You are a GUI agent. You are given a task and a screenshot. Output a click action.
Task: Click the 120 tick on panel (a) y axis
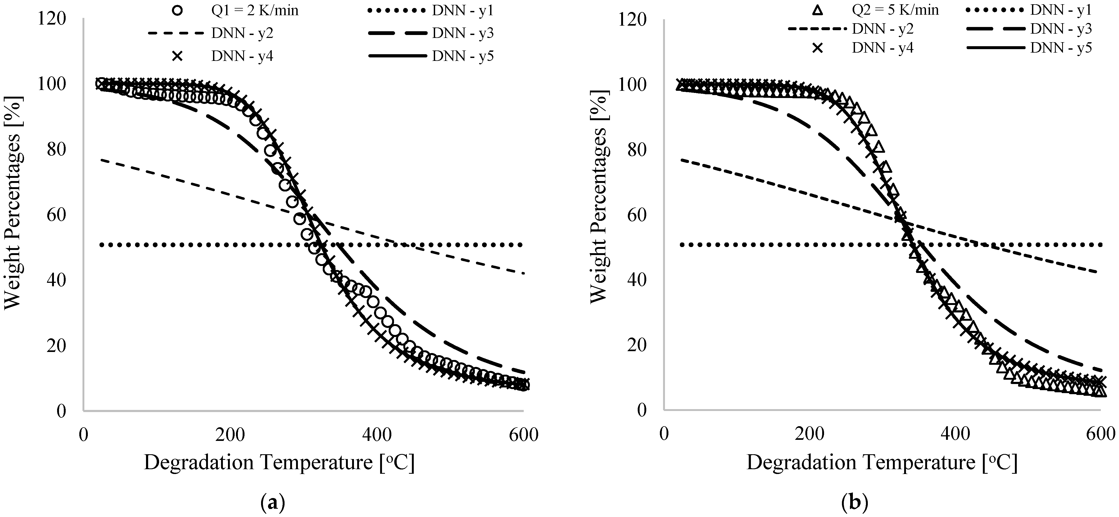(52, 19)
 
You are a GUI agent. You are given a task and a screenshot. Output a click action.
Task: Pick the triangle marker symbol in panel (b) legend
(817, 10)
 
